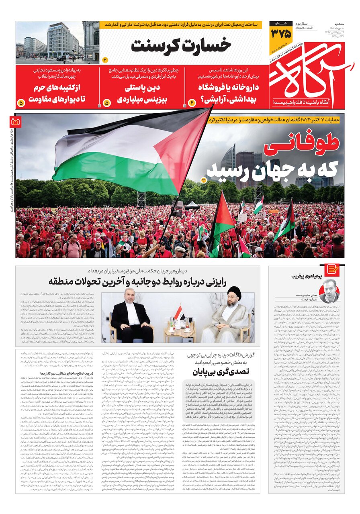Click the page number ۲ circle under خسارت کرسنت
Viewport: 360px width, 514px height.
[x=105, y=60]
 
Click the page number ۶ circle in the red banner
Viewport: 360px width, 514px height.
[x=191, y=103]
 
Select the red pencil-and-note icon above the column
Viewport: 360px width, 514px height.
[x=333, y=269]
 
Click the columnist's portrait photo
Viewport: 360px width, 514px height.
[x=329, y=291]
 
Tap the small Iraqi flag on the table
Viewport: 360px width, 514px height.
[x=179, y=313]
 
